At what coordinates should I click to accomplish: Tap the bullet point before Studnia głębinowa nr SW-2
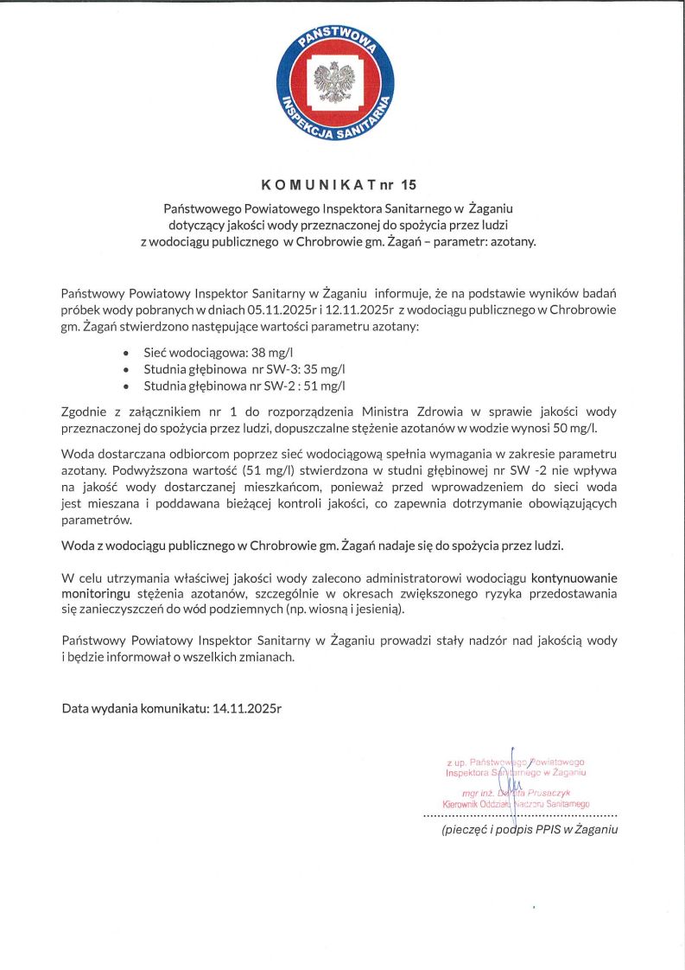tap(127, 386)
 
